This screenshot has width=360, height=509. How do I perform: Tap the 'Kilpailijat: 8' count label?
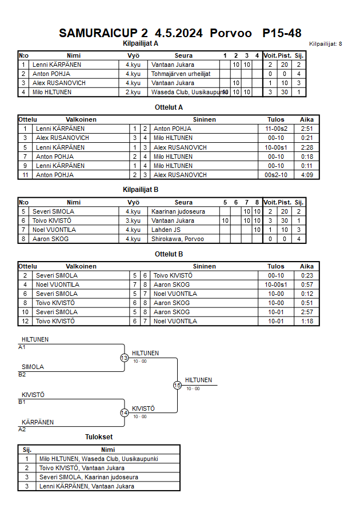pyautogui.click(x=325, y=44)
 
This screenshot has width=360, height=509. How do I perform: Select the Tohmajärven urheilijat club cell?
pyautogui.click(x=181, y=74)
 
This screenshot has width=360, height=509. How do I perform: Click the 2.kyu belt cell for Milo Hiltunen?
pyautogui.click(x=133, y=93)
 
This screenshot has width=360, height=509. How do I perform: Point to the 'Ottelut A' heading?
pyautogui.click(x=169, y=107)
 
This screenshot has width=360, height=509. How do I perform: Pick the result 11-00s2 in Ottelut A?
pyautogui.click(x=275, y=129)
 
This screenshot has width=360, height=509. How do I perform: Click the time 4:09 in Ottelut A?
pyautogui.click(x=307, y=175)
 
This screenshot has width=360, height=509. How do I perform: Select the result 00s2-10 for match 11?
pyautogui.click(x=275, y=175)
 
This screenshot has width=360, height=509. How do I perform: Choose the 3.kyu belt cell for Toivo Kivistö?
pyautogui.click(x=133, y=221)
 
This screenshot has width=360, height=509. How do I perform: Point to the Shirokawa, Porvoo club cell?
pyautogui.click(x=177, y=239)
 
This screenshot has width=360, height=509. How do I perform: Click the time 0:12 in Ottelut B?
pyautogui.click(x=307, y=294)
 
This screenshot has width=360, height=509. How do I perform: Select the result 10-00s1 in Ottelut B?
pyautogui.click(x=275, y=284)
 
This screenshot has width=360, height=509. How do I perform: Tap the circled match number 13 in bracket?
pyautogui.click(x=125, y=358)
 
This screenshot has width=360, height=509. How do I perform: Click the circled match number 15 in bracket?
pyautogui.click(x=177, y=386)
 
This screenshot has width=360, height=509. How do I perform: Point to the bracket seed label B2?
pyautogui.click(x=22, y=375)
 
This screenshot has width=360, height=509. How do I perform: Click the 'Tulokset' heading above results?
pyautogui.click(x=99, y=437)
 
